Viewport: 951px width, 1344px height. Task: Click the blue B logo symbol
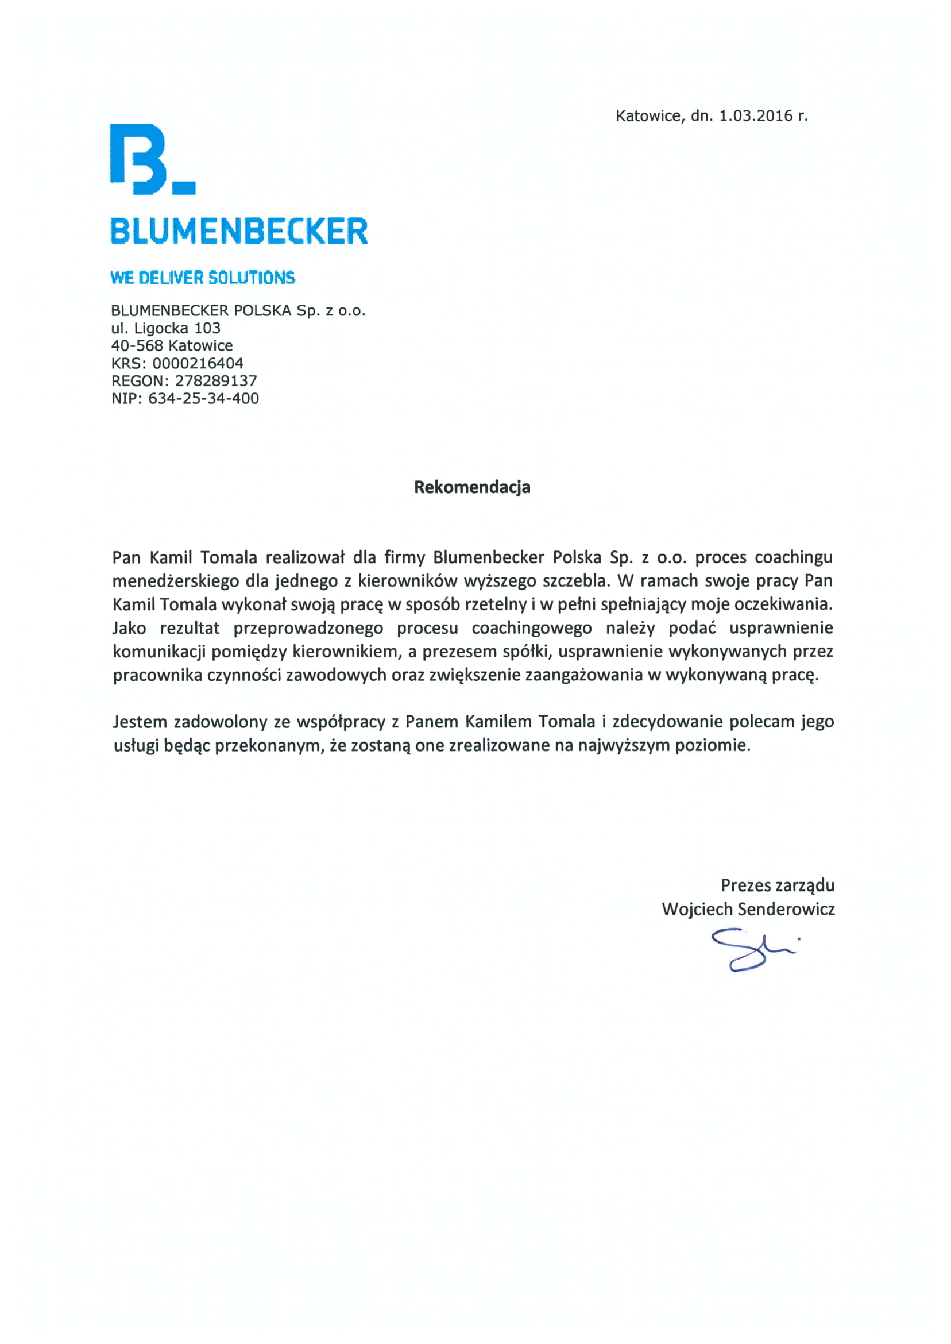point(141,159)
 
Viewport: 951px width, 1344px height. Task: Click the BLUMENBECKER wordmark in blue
point(239,231)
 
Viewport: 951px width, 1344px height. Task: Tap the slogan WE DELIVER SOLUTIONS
point(203,278)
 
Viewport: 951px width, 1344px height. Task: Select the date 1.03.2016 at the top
point(755,116)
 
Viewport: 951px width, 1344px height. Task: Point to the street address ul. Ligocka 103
point(166,328)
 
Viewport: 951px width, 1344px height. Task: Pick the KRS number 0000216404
point(198,363)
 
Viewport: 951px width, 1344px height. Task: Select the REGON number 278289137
point(216,381)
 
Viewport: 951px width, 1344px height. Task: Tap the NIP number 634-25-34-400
point(203,398)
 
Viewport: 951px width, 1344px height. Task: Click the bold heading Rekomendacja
point(472,487)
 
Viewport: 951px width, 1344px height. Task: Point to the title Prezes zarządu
point(777,885)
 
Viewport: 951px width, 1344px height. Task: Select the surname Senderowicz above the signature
point(786,909)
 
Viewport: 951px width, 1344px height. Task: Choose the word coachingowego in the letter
point(532,628)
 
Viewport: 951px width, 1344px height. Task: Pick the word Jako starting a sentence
point(129,628)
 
